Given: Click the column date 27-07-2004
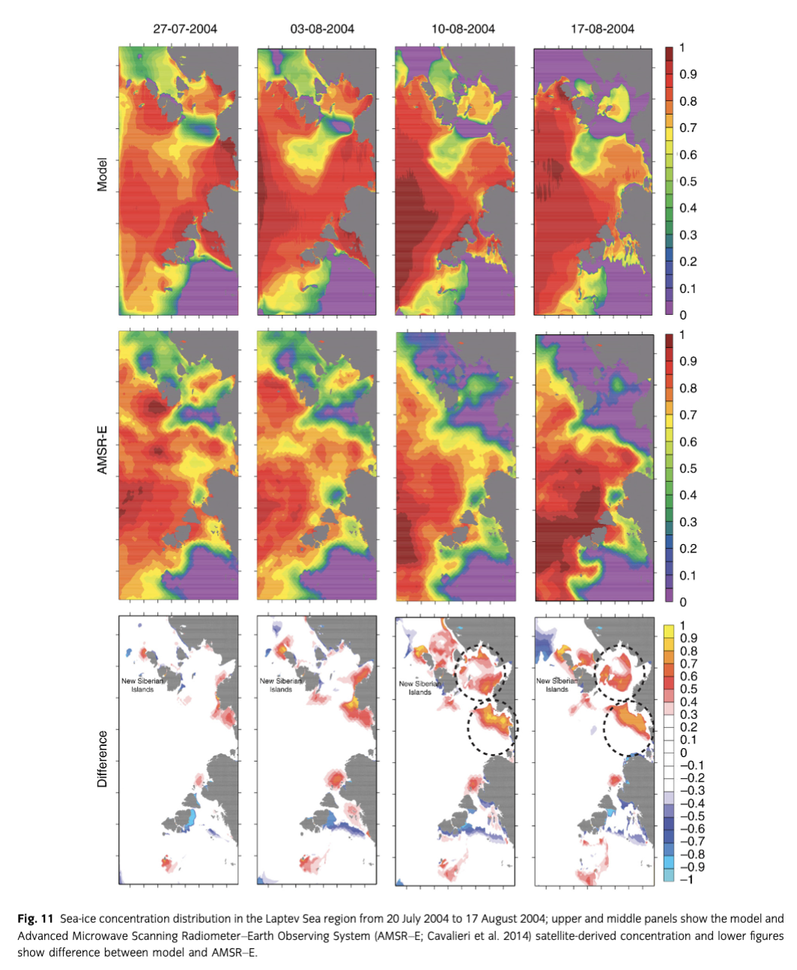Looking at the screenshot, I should (185, 29).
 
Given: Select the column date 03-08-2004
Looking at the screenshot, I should (322, 29).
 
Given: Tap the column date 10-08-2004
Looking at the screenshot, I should (463, 29).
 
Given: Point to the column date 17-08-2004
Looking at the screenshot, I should (602, 29).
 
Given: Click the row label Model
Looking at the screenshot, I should (103, 174).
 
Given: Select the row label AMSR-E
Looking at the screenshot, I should (103, 450).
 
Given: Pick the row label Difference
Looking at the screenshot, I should (103, 759).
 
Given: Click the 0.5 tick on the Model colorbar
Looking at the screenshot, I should (688, 181).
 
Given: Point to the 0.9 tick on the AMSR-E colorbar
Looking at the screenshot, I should (688, 361).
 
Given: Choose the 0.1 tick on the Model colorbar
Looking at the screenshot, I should (688, 289).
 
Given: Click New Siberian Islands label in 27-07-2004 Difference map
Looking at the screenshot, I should (142, 685).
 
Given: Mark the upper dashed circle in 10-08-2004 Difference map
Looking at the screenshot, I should (482, 669).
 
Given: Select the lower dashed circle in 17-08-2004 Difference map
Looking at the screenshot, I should (628, 728).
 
